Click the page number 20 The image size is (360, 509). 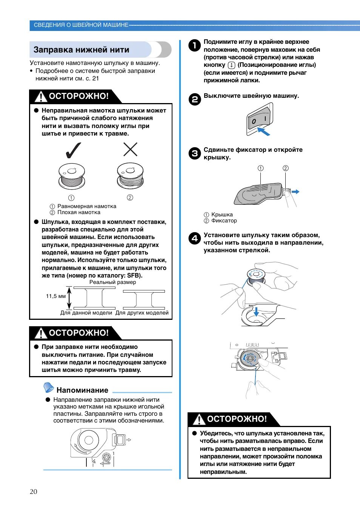pos(34,491)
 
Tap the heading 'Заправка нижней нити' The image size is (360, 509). pos(81,50)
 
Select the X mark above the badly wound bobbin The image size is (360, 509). pos(130,150)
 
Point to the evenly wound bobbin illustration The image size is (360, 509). pos(72,176)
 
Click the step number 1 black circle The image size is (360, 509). pos(194,46)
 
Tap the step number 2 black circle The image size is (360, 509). pos(194,99)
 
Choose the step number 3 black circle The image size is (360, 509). pos(194,153)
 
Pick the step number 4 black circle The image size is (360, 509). pos(194,238)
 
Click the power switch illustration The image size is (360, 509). pos(259,119)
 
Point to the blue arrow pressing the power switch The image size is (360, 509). pos(264,131)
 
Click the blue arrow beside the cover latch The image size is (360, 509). pos(295,192)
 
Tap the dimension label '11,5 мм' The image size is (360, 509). pos(56,296)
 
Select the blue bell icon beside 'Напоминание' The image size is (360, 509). pos(49,387)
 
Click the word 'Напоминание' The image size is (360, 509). pos(82,390)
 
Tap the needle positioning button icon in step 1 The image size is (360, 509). pos(231,65)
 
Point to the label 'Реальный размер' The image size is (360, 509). pos(112,282)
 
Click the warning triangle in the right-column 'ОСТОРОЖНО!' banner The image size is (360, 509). pos(199,419)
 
